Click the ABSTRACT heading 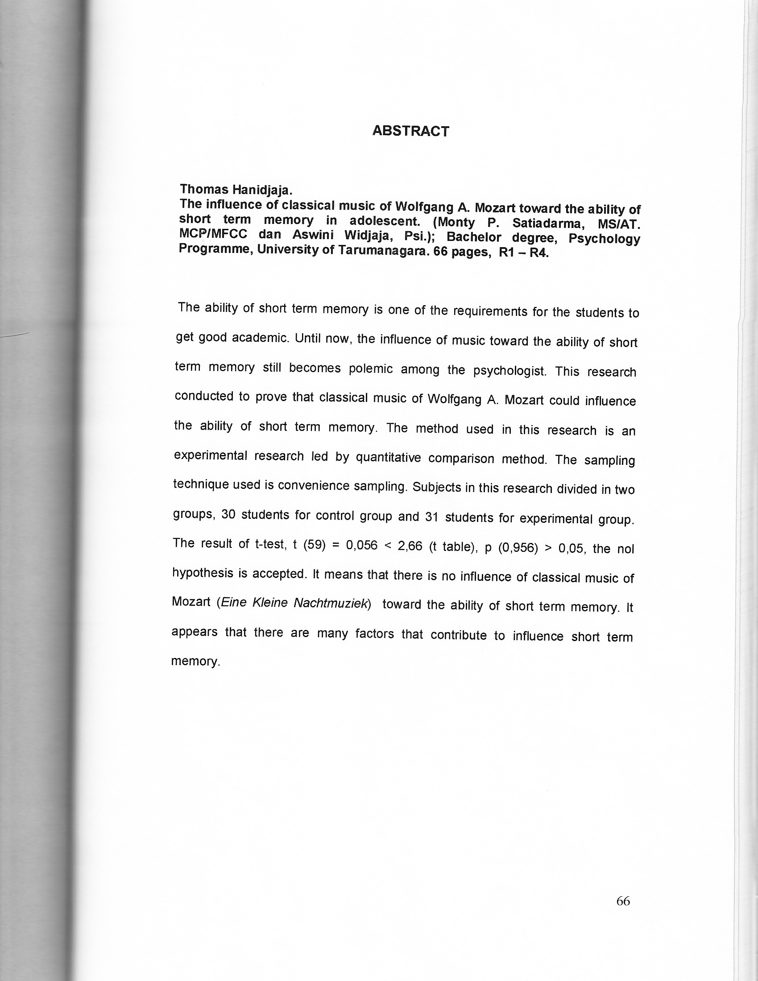point(411,131)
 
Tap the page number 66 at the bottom point(623,901)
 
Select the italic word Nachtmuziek point(332,603)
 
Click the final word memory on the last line point(195,661)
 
